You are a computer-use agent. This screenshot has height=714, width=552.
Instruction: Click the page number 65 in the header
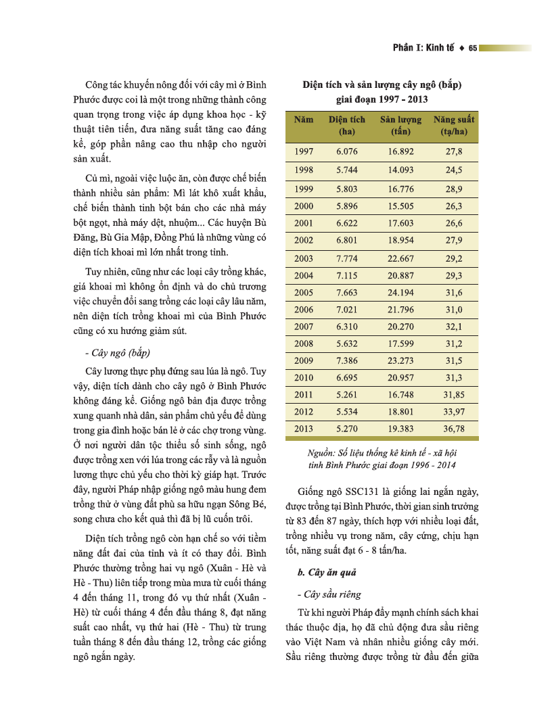pos(473,48)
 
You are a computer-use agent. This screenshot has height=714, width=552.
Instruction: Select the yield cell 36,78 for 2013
pos(454,429)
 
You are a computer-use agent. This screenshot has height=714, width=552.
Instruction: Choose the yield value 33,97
pos(454,411)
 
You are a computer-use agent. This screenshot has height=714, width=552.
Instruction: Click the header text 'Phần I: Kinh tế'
pos(423,48)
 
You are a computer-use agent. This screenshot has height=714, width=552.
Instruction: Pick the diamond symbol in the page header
pos(461,48)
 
